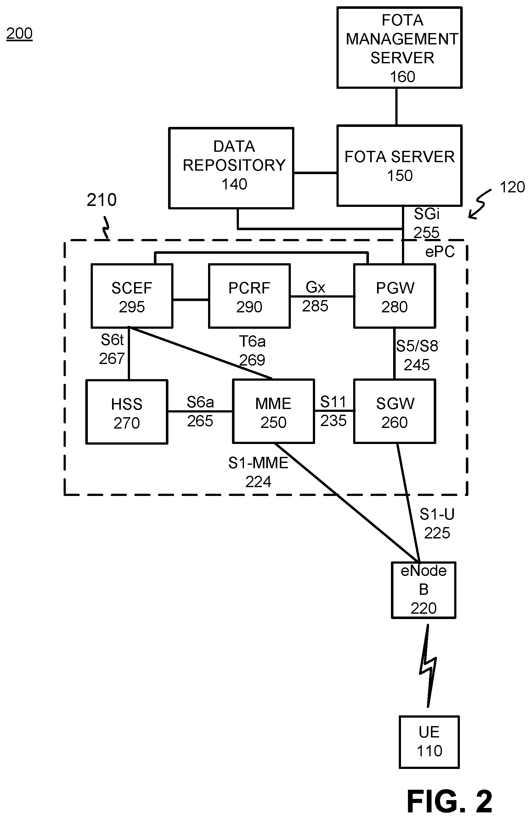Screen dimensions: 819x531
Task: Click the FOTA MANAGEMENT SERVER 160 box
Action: point(399,48)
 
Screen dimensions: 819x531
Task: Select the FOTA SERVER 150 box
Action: point(399,166)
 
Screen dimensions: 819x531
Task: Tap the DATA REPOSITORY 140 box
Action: point(231,168)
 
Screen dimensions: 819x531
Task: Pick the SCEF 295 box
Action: point(132,296)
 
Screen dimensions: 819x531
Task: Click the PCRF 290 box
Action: point(249,296)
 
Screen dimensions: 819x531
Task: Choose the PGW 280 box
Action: point(394,296)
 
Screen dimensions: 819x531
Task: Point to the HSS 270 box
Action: point(127,412)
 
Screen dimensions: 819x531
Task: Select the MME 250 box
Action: point(274,411)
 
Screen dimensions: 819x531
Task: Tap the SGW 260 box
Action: point(394,411)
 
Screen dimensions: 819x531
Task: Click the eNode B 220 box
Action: point(423,590)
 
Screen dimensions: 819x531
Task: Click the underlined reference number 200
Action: point(19,33)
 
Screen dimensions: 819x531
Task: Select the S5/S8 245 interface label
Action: point(417,355)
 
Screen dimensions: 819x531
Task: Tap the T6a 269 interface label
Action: point(252,351)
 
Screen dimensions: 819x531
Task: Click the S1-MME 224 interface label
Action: point(258,472)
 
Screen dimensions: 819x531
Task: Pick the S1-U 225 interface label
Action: point(437,523)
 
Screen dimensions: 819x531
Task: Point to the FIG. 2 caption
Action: point(449,801)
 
